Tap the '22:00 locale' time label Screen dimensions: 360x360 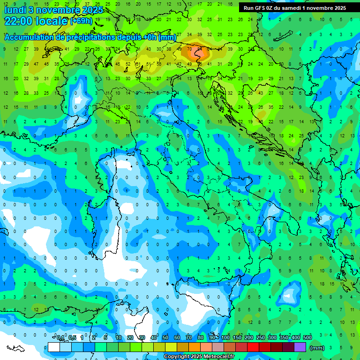coord(36,21)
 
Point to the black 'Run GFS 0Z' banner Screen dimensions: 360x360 coord(294,8)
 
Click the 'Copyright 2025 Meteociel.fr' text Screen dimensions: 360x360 coord(199,356)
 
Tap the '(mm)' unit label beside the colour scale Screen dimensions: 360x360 coord(317,348)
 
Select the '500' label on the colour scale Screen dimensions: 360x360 coord(307,338)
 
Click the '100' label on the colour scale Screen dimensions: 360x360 coord(225,338)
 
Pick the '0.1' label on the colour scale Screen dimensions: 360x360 coord(60,338)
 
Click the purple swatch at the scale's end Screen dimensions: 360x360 coord(300,347)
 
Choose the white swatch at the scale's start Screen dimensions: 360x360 coord(54,347)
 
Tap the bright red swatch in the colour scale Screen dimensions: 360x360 coord(253,347)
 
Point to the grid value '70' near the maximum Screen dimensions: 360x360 coord(189,49)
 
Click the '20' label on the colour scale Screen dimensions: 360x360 coord(130,338)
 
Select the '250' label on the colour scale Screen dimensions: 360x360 coord(261,338)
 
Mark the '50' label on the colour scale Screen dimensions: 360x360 coord(165,338)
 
